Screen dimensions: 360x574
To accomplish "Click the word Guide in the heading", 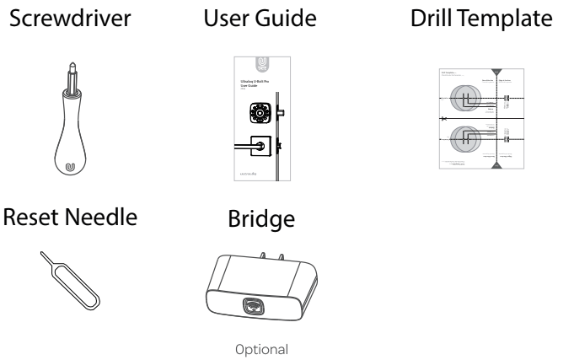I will click(279, 18).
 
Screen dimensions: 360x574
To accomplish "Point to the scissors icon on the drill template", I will click(445, 120).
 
